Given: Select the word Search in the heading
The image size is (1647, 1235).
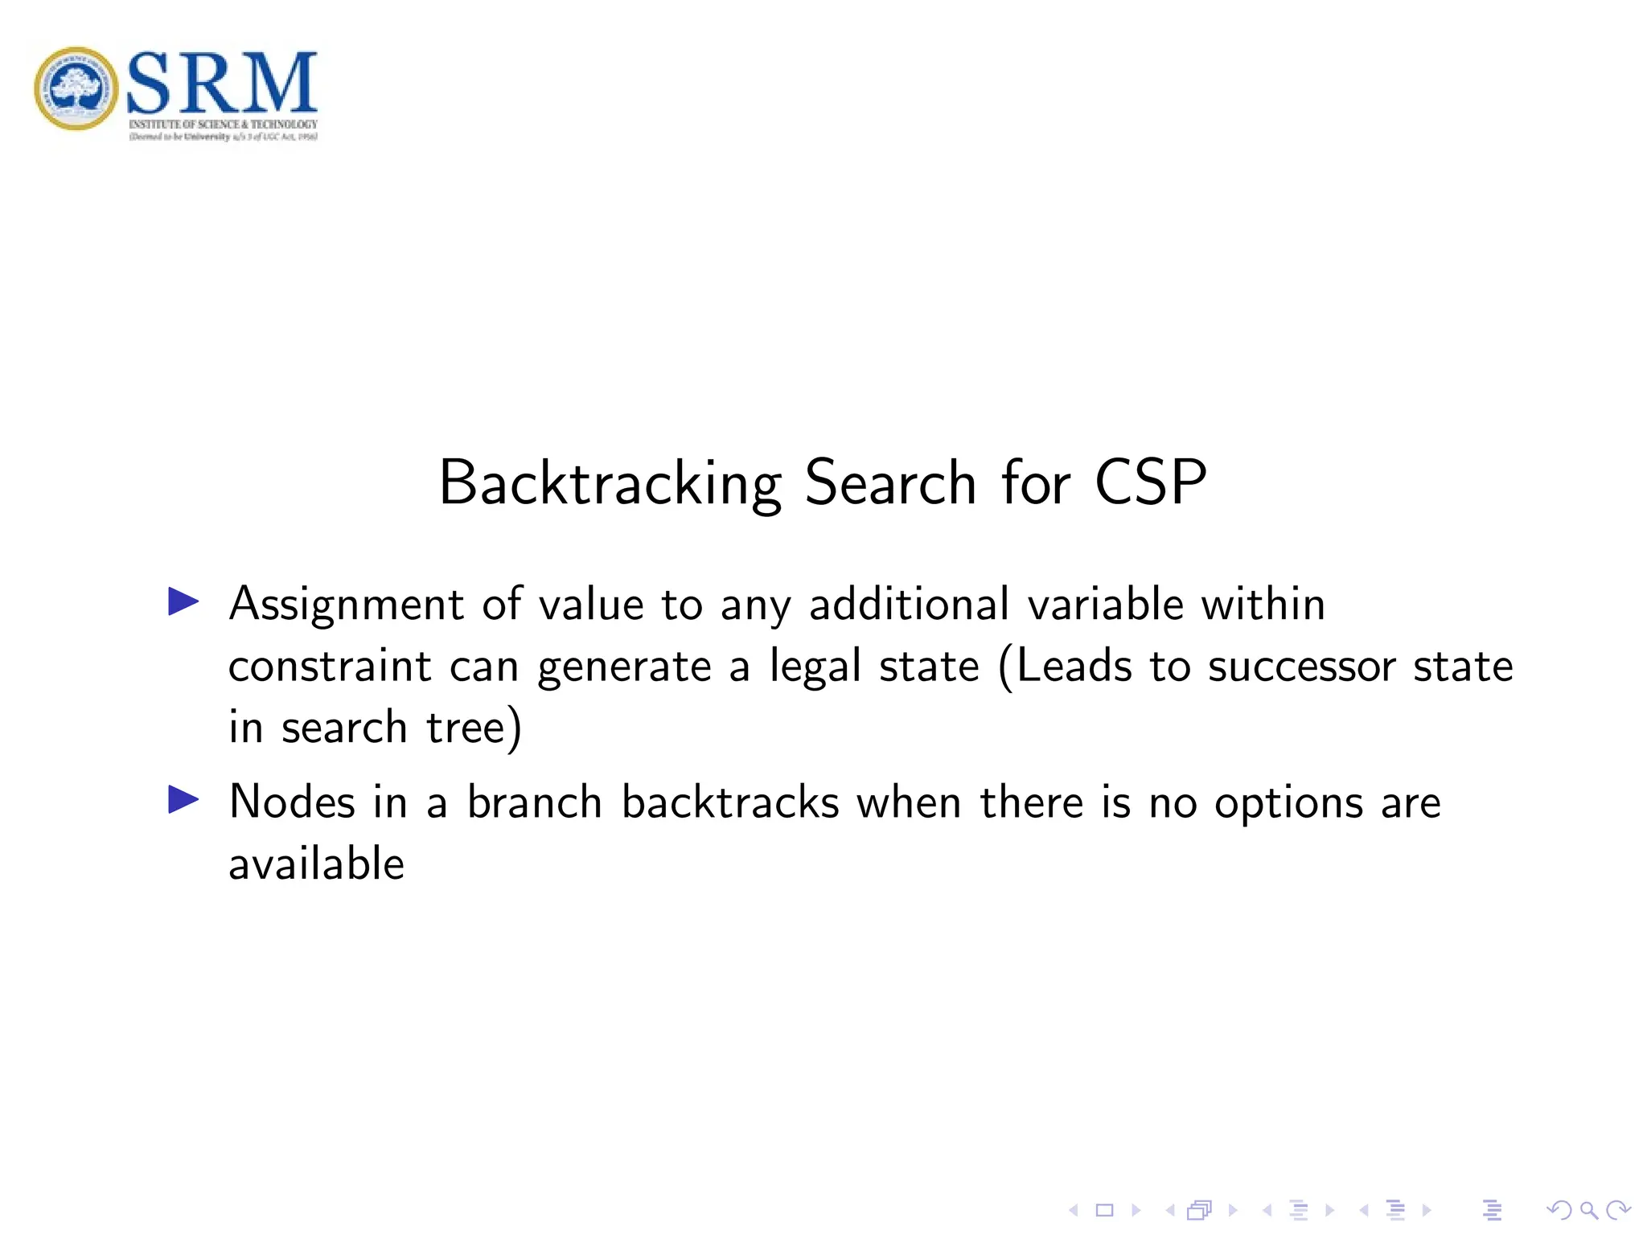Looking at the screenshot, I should click(890, 482).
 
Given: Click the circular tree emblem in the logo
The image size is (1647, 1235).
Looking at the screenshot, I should click(76, 88).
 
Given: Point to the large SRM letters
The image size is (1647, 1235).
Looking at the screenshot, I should click(222, 82).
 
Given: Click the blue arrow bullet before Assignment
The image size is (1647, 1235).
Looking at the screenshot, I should click(183, 601).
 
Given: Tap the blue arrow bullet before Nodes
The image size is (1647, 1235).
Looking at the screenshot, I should click(183, 800).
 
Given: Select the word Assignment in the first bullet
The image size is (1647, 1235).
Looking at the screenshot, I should click(347, 605).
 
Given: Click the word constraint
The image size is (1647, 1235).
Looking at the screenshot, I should click(330, 667).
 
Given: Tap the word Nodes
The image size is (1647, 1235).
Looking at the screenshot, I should click(292, 802).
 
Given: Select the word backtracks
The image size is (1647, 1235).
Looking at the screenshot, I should click(730, 802).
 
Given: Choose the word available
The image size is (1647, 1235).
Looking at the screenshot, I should click(316, 864).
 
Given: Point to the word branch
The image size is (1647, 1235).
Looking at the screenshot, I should click(535, 802).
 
